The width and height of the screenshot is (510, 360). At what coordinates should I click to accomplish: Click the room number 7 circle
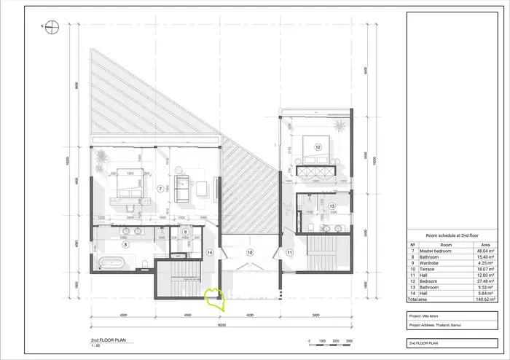point(160,187)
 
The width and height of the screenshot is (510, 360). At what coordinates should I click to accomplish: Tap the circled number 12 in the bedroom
point(318,146)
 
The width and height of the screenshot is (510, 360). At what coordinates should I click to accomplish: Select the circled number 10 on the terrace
point(249,252)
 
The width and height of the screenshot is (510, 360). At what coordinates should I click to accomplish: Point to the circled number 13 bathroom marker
point(331,207)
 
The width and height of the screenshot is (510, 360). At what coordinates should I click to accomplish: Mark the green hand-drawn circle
point(216,299)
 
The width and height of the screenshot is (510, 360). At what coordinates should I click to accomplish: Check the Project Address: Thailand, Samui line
point(440,325)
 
